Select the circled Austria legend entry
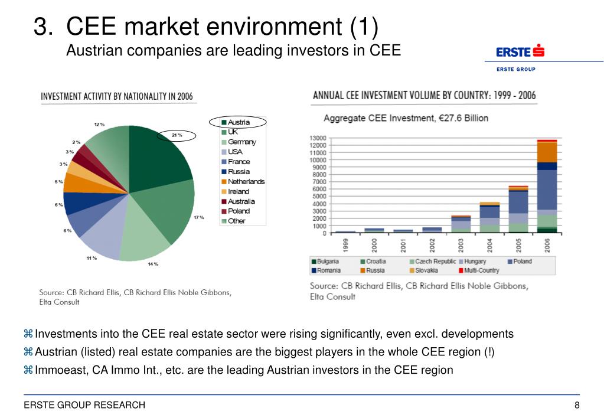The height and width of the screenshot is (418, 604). tap(238, 122)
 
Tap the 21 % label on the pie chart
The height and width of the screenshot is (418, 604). tap(177, 135)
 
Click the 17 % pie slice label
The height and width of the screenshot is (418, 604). tap(198, 218)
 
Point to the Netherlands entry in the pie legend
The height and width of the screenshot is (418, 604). tap(246, 181)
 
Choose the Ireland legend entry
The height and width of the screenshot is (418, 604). tap(238, 191)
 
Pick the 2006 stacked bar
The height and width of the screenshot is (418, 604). tap(547, 187)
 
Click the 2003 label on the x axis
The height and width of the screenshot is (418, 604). tap(461, 244)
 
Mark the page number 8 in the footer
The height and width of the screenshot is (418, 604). tap(576, 405)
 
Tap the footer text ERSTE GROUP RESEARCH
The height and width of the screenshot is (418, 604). tap(84, 405)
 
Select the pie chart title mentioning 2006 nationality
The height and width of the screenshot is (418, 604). tap(116, 96)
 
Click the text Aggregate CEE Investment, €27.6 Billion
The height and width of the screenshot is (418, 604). tap(406, 117)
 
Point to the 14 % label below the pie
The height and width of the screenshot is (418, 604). tap(153, 264)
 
